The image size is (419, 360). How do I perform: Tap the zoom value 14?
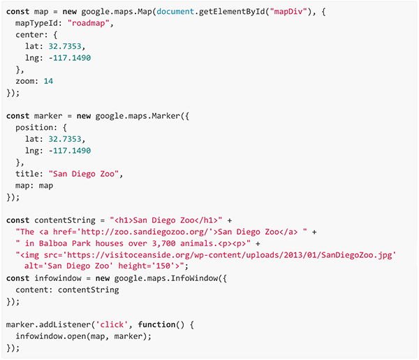pos(47,81)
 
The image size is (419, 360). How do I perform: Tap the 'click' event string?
pos(112,324)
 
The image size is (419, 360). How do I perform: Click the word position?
pos(35,128)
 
